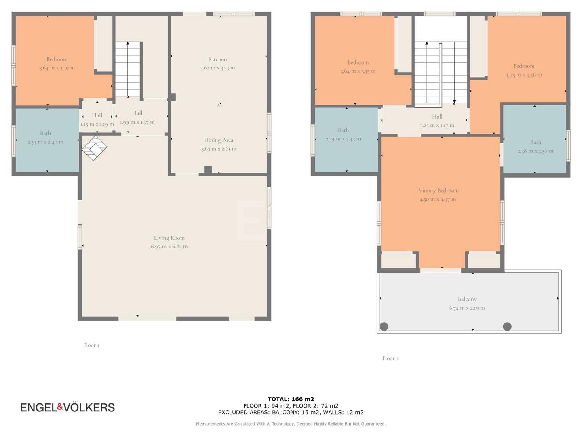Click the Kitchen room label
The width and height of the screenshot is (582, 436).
(217, 59)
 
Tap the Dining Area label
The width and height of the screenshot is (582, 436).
(219, 140)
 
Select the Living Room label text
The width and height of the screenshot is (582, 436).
(169, 238)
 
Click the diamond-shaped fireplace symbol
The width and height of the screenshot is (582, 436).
(95, 148)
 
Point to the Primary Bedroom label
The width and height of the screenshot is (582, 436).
(437, 190)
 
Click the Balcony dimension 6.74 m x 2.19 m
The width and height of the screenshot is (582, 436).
(467, 308)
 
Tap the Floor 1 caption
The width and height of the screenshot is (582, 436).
(91, 345)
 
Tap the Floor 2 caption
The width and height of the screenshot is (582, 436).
(390, 358)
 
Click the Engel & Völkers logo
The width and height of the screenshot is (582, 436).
(67, 407)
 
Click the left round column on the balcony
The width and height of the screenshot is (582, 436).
(384, 327)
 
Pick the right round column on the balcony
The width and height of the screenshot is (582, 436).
(507, 327)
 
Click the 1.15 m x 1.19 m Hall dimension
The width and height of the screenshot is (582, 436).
(97, 124)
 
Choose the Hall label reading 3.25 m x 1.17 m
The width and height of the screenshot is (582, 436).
(437, 126)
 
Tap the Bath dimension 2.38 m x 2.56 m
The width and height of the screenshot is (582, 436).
(536, 151)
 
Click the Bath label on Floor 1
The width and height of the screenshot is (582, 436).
(45, 133)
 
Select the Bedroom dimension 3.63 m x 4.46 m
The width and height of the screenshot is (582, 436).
(524, 75)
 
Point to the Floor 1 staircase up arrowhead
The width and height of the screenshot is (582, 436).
(128, 43)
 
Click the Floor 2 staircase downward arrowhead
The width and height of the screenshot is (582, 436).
(454, 101)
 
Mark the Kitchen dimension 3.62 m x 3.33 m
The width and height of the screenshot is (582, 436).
(217, 68)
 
